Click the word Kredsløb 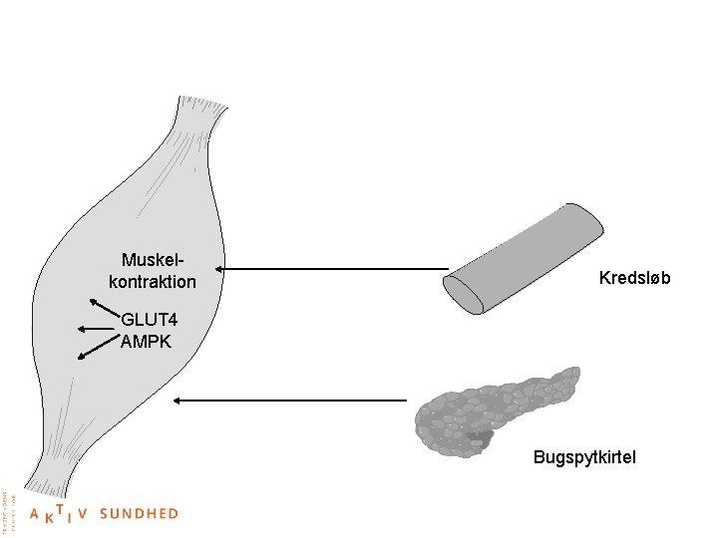[x=634, y=277]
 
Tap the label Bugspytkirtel [x=584, y=457]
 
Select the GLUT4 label [x=149, y=321]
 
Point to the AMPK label [x=146, y=342]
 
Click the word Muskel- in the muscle [x=153, y=261]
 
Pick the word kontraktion [x=153, y=283]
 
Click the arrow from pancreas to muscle [x=289, y=401]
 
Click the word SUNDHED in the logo [x=139, y=514]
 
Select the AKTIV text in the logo [x=60, y=515]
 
